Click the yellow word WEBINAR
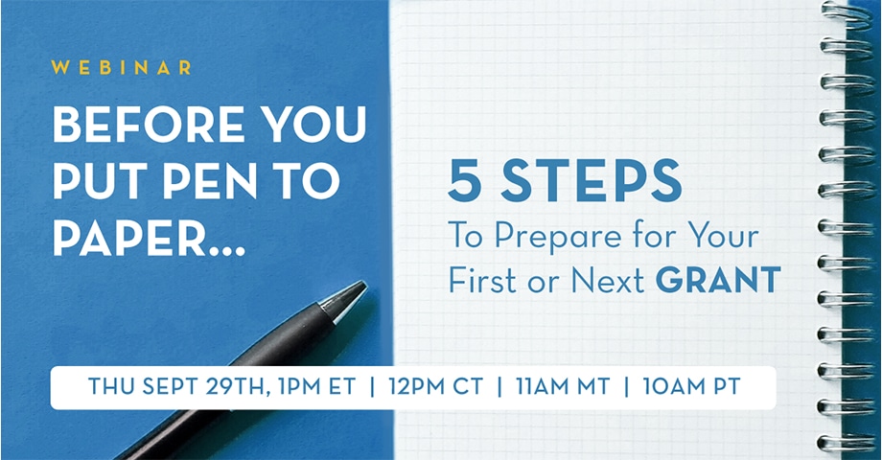[122, 68]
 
